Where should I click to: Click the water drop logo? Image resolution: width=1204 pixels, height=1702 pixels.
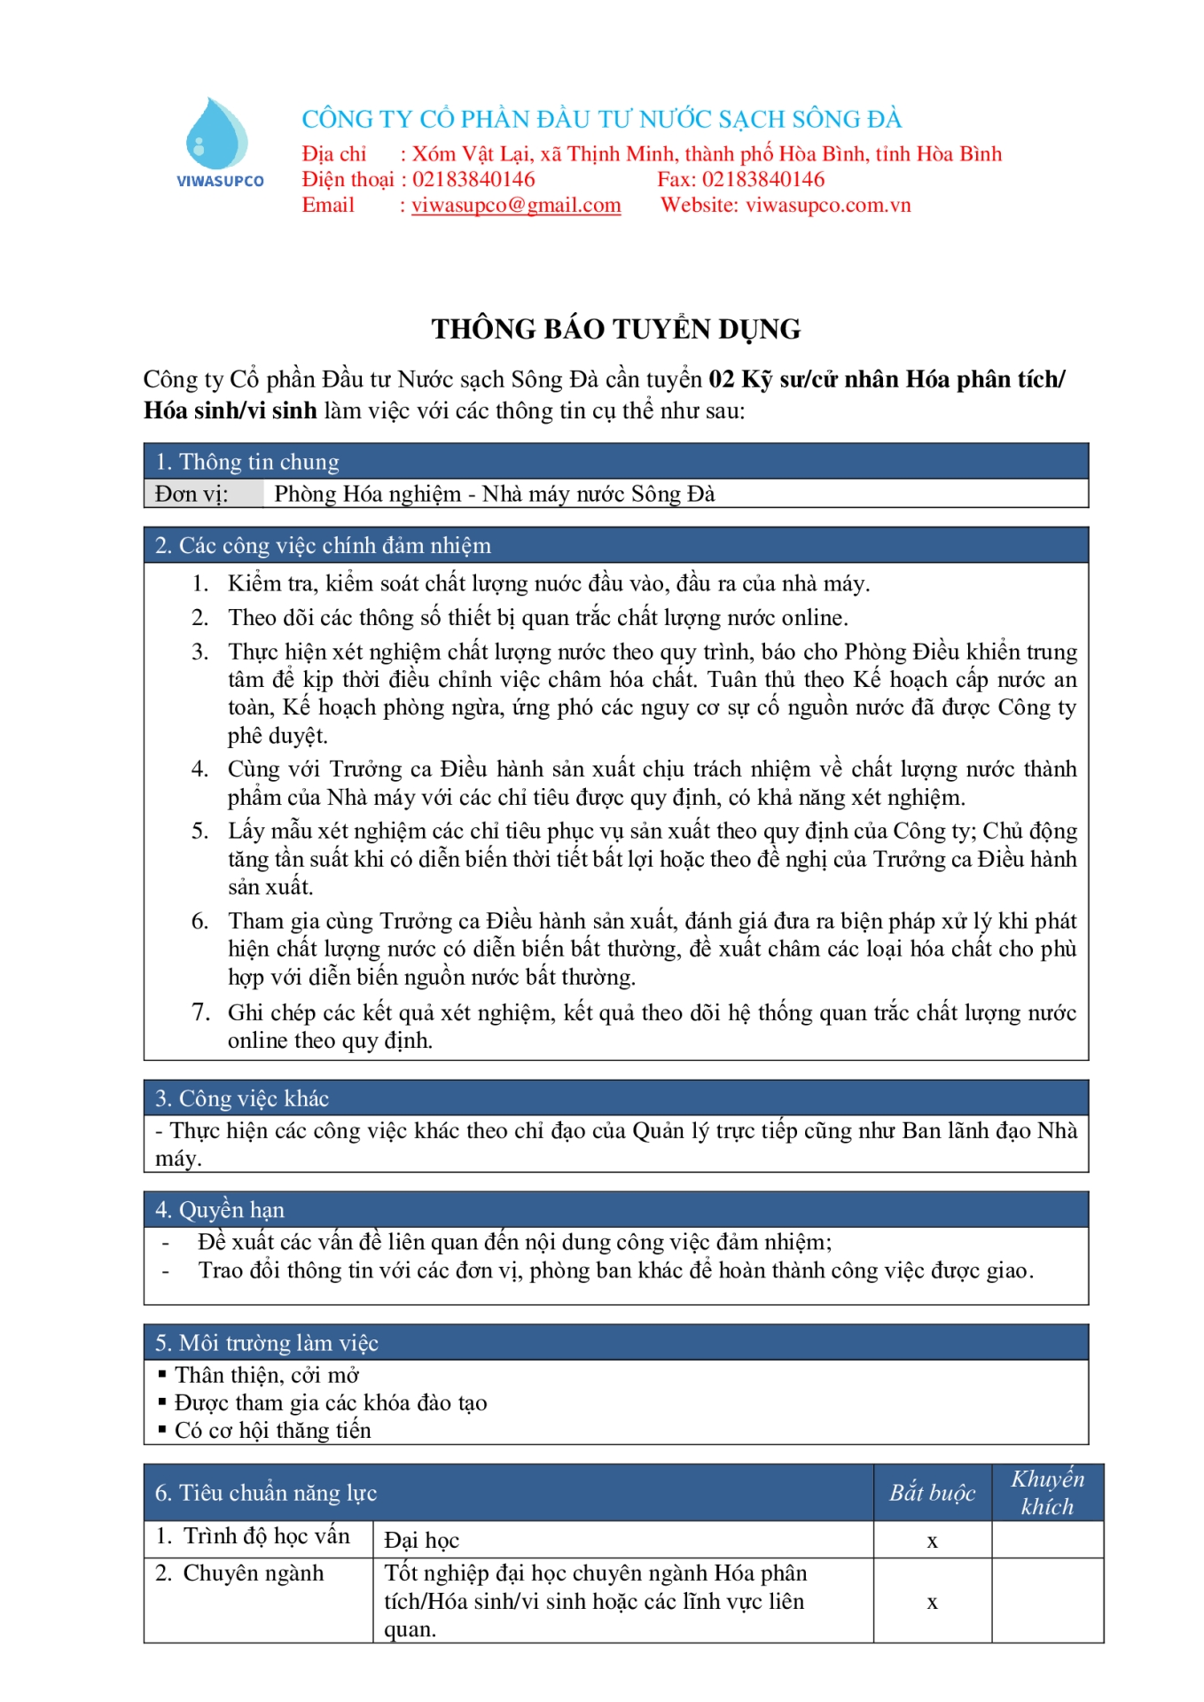(x=216, y=133)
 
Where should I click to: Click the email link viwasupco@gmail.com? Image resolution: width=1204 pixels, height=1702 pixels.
(x=516, y=206)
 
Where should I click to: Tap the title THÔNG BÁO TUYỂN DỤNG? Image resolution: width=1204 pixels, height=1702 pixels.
(x=615, y=329)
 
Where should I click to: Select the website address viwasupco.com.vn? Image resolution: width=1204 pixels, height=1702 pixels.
(x=828, y=206)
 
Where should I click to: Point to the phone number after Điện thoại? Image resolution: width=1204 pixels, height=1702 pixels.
(x=473, y=180)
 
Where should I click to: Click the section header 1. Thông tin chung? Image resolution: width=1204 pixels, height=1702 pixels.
(x=247, y=462)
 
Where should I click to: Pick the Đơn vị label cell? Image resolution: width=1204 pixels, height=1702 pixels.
(x=192, y=494)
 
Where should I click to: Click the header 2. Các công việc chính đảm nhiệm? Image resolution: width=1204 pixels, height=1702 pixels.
(x=323, y=545)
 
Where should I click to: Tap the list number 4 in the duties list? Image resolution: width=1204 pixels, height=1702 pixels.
(x=200, y=769)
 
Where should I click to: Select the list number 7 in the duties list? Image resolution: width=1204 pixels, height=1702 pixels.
(x=200, y=1012)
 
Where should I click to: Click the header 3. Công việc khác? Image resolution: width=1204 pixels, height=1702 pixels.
(x=242, y=1098)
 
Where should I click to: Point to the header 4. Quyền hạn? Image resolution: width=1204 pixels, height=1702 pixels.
(x=220, y=1210)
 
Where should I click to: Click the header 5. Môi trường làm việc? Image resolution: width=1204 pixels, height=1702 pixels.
(x=267, y=1343)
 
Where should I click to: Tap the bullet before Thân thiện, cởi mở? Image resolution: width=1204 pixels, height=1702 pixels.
(x=162, y=1375)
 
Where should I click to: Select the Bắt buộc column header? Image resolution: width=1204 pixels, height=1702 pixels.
(x=932, y=1494)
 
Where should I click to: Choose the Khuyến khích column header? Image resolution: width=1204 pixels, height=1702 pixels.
(x=1047, y=1493)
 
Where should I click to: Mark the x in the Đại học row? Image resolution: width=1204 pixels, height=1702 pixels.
(x=932, y=1542)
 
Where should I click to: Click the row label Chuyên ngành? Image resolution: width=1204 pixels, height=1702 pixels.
(x=253, y=1573)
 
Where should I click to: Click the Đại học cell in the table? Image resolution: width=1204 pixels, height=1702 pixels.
(x=422, y=1541)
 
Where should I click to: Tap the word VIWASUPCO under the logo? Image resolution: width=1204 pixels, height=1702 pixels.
(x=220, y=182)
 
